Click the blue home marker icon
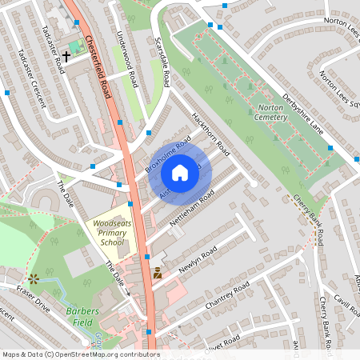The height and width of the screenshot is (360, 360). (x=180, y=173)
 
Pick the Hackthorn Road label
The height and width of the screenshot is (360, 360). (x=210, y=133)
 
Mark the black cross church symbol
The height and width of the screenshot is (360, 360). (x=66, y=54)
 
